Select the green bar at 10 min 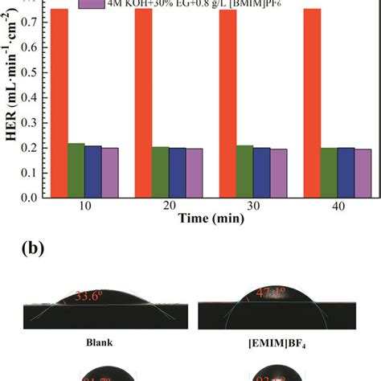click(x=76, y=170)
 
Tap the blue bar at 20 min click(x=178, y=172)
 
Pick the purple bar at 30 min click(x=279, y=173)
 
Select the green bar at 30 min click(x=245, y=170)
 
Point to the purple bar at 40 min click(x=363, y=173)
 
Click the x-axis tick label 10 click(x=85, y=207)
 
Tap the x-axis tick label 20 click(x=169, y=207)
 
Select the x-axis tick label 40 click(x=338, y=207)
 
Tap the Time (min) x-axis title click(x=211, y=219)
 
